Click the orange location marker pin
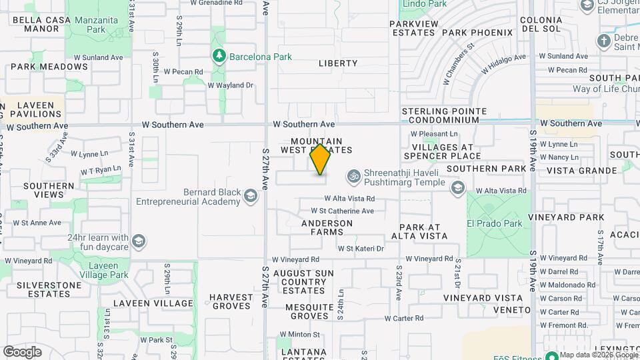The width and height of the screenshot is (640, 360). pos(321,159)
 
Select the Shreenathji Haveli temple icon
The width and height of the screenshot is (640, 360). pos(353,177)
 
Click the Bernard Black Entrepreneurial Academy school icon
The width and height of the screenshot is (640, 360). pos(250,195)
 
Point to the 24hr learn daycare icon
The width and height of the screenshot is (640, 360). pos(139,240)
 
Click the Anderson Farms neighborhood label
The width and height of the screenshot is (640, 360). pos(327,227)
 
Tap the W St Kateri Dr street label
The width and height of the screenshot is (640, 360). pos(361,249)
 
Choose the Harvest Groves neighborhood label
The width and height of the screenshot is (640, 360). pos(231,301)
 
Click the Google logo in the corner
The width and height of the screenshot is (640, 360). pos(22,351)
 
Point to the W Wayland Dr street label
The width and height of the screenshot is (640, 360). pos(231,85)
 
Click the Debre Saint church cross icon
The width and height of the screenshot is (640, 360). pos(604,41)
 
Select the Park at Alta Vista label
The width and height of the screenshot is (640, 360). pos(419,231)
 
